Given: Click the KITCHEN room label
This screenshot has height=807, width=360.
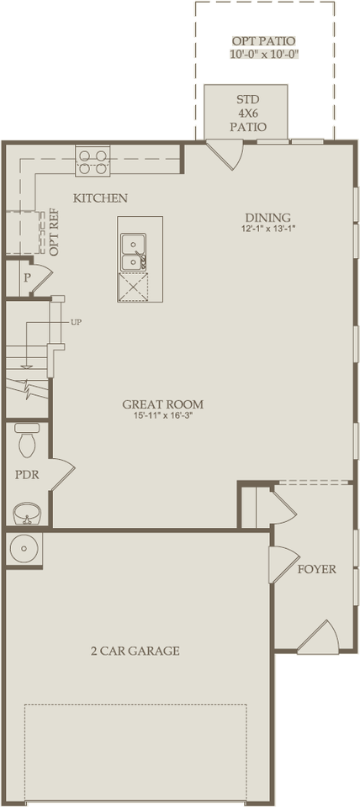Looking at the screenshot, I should pyautogui.click(x=100, y=198).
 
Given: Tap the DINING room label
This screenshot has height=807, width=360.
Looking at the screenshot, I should pyautogui.click(x=268, y=216).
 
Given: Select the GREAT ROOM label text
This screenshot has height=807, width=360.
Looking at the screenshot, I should pyautogui.click(x=162, y=404).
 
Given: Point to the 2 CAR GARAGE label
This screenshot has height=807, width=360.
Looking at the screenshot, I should pyautogui.click(x=135, y=651).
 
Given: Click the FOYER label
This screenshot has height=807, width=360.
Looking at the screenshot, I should pyautogui.click(x=316, y=569).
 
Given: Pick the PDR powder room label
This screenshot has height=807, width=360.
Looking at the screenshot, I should pyautogui.click(x=27, y=474).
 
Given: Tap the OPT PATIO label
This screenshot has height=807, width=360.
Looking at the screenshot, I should pyautogui.click(x=263, y=40).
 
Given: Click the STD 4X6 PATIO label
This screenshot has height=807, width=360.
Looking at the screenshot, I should pyautogui.click(x=248, y=113).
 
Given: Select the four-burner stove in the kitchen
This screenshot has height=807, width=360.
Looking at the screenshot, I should pyautogui.click(x=93, y=160).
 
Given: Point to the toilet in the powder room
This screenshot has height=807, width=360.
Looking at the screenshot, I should pyautogui.click(x=27, y=438).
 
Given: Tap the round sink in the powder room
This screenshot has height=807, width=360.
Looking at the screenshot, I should pyautogui.click(x=27, y=511).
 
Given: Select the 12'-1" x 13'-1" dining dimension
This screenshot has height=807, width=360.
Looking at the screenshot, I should pyautogui.click(x=268, y=229).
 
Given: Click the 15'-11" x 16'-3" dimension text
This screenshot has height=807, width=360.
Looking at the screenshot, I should pyautogui.click(x=162, y=417).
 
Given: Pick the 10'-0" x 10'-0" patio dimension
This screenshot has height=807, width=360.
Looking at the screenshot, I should pyautogui.click(x=263, y=54).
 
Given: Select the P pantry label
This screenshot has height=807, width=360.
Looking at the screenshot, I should pyautogui.click(x=26, y=277).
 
